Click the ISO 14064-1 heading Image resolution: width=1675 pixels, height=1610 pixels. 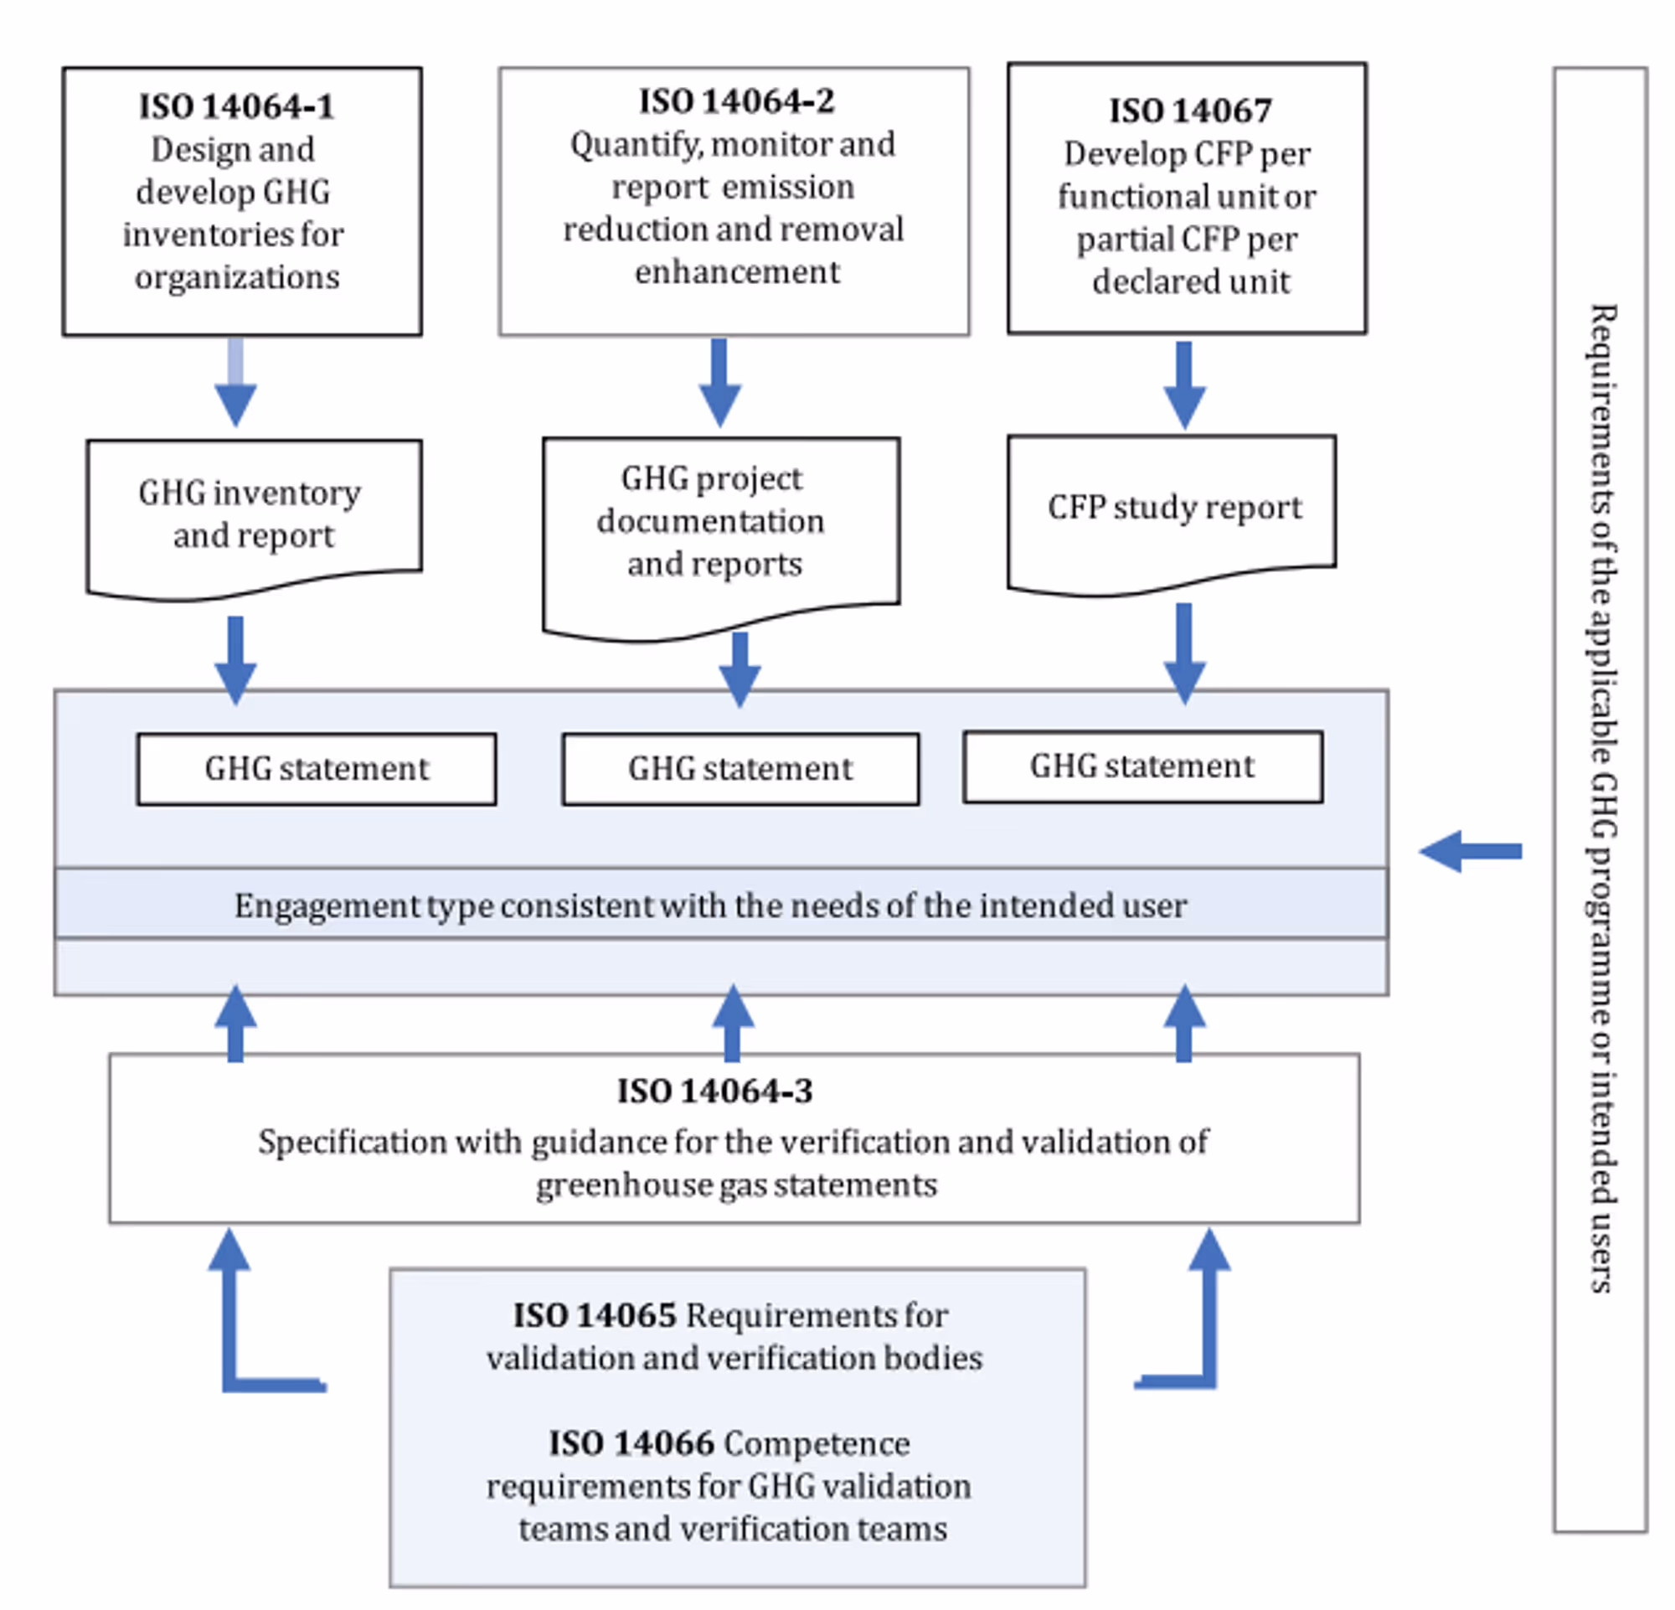coord(237,107)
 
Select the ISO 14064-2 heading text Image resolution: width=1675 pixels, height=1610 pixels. coord(736,101)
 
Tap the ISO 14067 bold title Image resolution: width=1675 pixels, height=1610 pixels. coord(1189,111)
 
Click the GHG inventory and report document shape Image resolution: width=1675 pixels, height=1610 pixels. coord(253,515)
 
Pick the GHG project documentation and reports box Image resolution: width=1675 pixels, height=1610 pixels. coord(720,530)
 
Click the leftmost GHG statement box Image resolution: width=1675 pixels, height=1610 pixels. coord(317,769)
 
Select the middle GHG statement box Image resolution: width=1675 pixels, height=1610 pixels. coord(740,769)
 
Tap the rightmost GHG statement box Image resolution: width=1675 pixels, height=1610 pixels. coord(1142,766)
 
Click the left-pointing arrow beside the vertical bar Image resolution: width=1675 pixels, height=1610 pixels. coord(1469,851)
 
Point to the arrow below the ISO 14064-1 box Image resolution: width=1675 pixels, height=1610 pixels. coord(236,383)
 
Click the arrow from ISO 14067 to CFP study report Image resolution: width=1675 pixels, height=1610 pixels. coord(1183,384)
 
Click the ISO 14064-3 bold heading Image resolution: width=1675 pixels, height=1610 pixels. coord(714,1091)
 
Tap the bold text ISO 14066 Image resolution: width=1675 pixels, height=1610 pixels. coord(642,1443)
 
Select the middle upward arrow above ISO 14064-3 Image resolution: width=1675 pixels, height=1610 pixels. coord(732,1023)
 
